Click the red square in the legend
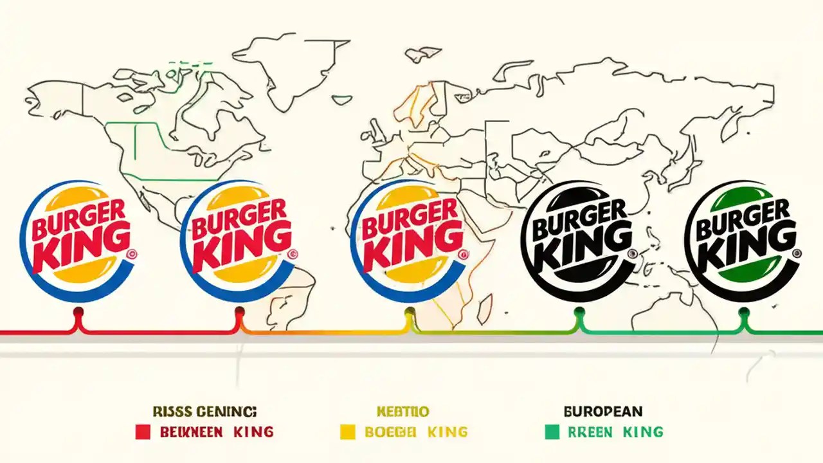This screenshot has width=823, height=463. point(143,432)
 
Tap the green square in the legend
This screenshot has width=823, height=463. point(552,432)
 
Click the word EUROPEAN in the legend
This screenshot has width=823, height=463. point(602,411)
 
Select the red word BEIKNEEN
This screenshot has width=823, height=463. point(192,432)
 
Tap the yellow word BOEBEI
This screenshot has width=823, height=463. point(392,432)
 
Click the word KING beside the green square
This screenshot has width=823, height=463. point(643,432)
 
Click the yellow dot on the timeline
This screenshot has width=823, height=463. point(409,313)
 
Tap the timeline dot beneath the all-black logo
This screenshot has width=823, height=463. point(578,313)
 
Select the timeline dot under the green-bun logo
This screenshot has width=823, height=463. point(744,313)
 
